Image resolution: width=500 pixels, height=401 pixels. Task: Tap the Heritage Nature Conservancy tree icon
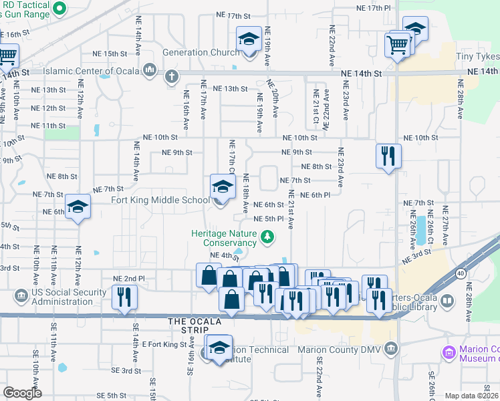point(267,236)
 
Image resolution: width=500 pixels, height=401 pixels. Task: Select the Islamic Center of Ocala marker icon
point(149,70)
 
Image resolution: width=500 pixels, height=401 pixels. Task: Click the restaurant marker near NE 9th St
point(388,156)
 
